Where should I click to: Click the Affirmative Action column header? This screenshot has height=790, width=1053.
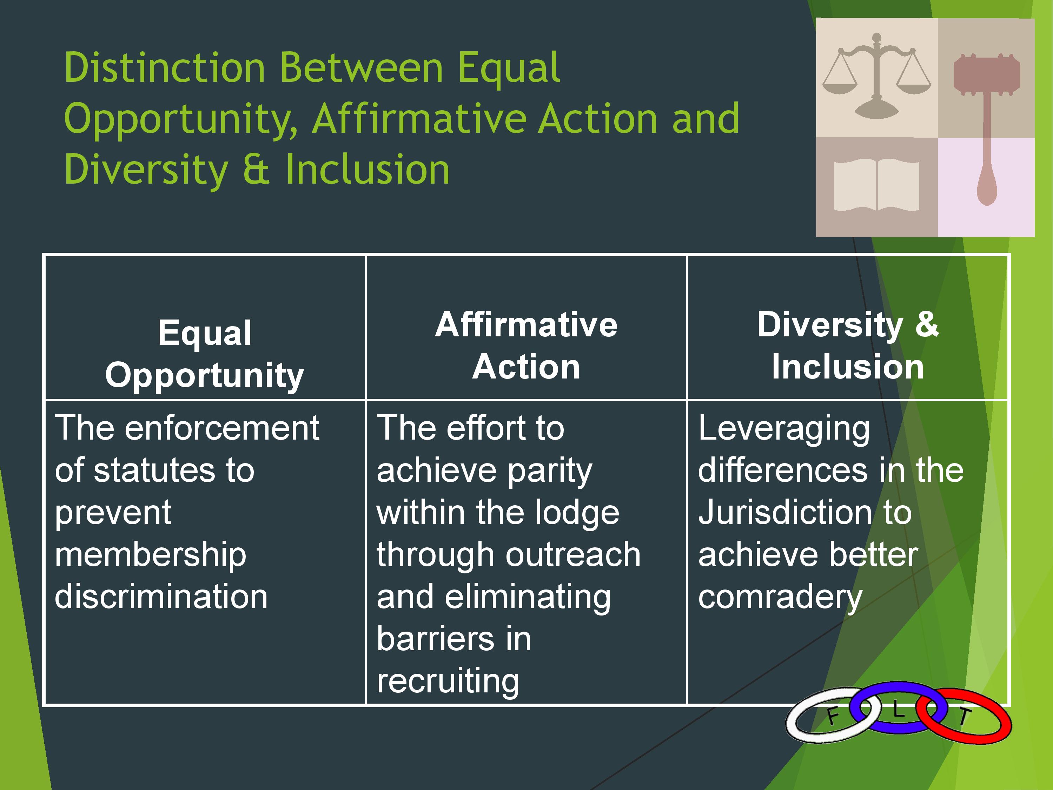coord(526,346)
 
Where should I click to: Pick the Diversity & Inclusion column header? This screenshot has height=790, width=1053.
coord(848,346)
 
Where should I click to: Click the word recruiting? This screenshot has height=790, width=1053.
coord(448,682)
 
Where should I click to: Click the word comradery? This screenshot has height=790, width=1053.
coord(780,598)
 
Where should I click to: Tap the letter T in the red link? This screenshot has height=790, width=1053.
coord(964,717)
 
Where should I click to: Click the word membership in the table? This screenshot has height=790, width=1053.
coord(151,555)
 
